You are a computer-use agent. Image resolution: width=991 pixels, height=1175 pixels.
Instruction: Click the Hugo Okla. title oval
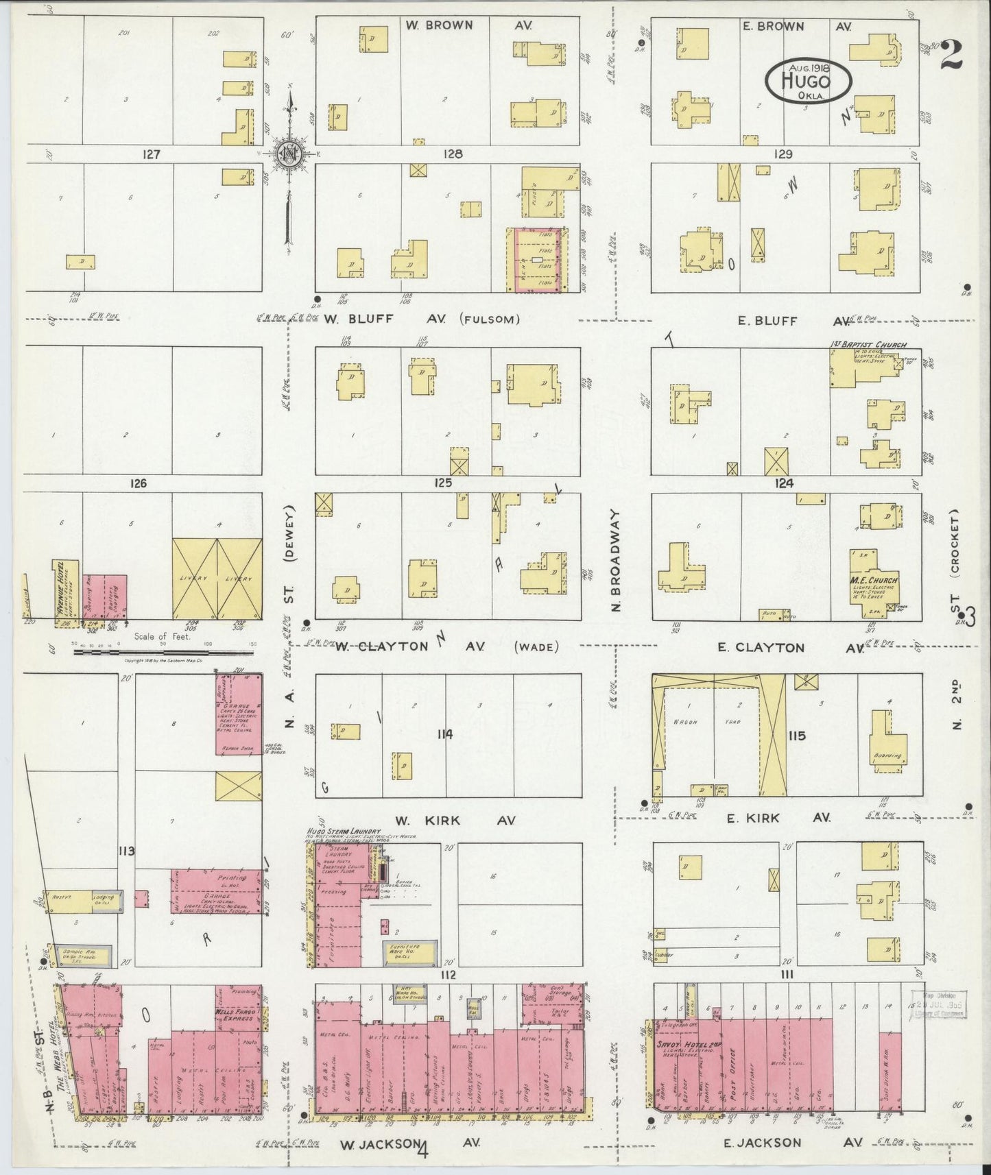(809, 80)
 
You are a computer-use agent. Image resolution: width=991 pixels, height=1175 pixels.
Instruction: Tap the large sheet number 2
(951, 55)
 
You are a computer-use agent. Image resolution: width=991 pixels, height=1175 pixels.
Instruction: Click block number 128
(453, 154)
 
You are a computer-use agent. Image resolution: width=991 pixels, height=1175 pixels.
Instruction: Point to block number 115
(796, 736)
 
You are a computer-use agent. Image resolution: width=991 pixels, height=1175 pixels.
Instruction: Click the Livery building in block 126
(217, 578)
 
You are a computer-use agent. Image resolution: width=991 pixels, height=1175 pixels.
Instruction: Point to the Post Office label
(732, 1069)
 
